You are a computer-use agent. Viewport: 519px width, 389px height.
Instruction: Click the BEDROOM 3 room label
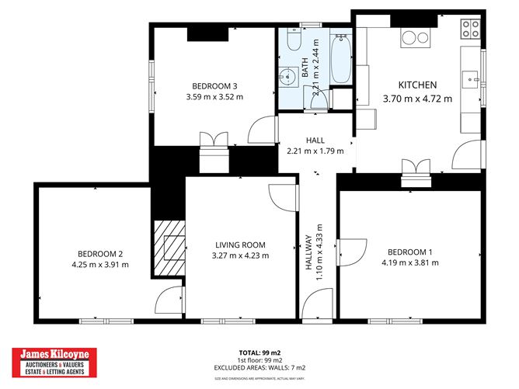click(x=214, y=86)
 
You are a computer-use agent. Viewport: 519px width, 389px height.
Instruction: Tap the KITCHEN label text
click(x=417, y=85)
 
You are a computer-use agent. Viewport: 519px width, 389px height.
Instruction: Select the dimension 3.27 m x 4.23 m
click(x=240, y=255)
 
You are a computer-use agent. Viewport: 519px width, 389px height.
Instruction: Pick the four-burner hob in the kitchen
click(x=470, y=30)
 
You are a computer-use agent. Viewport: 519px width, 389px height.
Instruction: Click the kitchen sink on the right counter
click(x=471, y=78)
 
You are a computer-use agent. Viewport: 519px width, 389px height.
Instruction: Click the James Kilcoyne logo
click(x=57, y=361)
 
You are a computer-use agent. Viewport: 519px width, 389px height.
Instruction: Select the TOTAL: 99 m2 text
click(x=259, y=352)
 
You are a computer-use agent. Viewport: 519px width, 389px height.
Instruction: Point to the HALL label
click(x=315, y=140)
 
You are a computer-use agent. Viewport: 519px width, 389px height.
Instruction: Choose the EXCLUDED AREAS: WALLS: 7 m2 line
click(x=259, y=367)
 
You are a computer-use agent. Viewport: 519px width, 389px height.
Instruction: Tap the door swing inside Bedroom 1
click(x=350, y=252)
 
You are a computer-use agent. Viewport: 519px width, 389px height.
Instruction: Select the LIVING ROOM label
click(x=240, y=245)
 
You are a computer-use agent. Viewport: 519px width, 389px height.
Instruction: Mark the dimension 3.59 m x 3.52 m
click(x=214, y=97)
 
